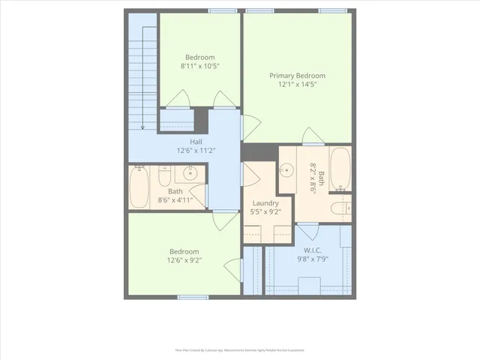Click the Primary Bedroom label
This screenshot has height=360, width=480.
click(297, 76)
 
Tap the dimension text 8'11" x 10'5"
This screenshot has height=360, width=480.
click(199, 66)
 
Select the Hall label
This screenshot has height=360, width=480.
click(196, 142)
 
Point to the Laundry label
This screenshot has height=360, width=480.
click(265, 203)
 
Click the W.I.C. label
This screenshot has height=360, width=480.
click(313, 250)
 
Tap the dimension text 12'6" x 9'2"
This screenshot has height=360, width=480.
click(184, 260)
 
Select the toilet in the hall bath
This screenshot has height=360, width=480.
click(165, 177)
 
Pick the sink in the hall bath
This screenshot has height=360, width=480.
click(189, 174)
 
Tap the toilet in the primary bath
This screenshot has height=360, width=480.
click(340, 207)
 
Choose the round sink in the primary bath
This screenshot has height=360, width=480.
click(286, 169)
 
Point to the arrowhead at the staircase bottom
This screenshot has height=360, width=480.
click(142, 127)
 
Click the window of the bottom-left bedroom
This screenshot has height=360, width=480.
click(193, 297)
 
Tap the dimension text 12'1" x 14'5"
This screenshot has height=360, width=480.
click(297, 85)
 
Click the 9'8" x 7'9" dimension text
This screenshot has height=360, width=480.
click(313, 259)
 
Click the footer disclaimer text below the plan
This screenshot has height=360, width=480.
click(239, 349)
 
